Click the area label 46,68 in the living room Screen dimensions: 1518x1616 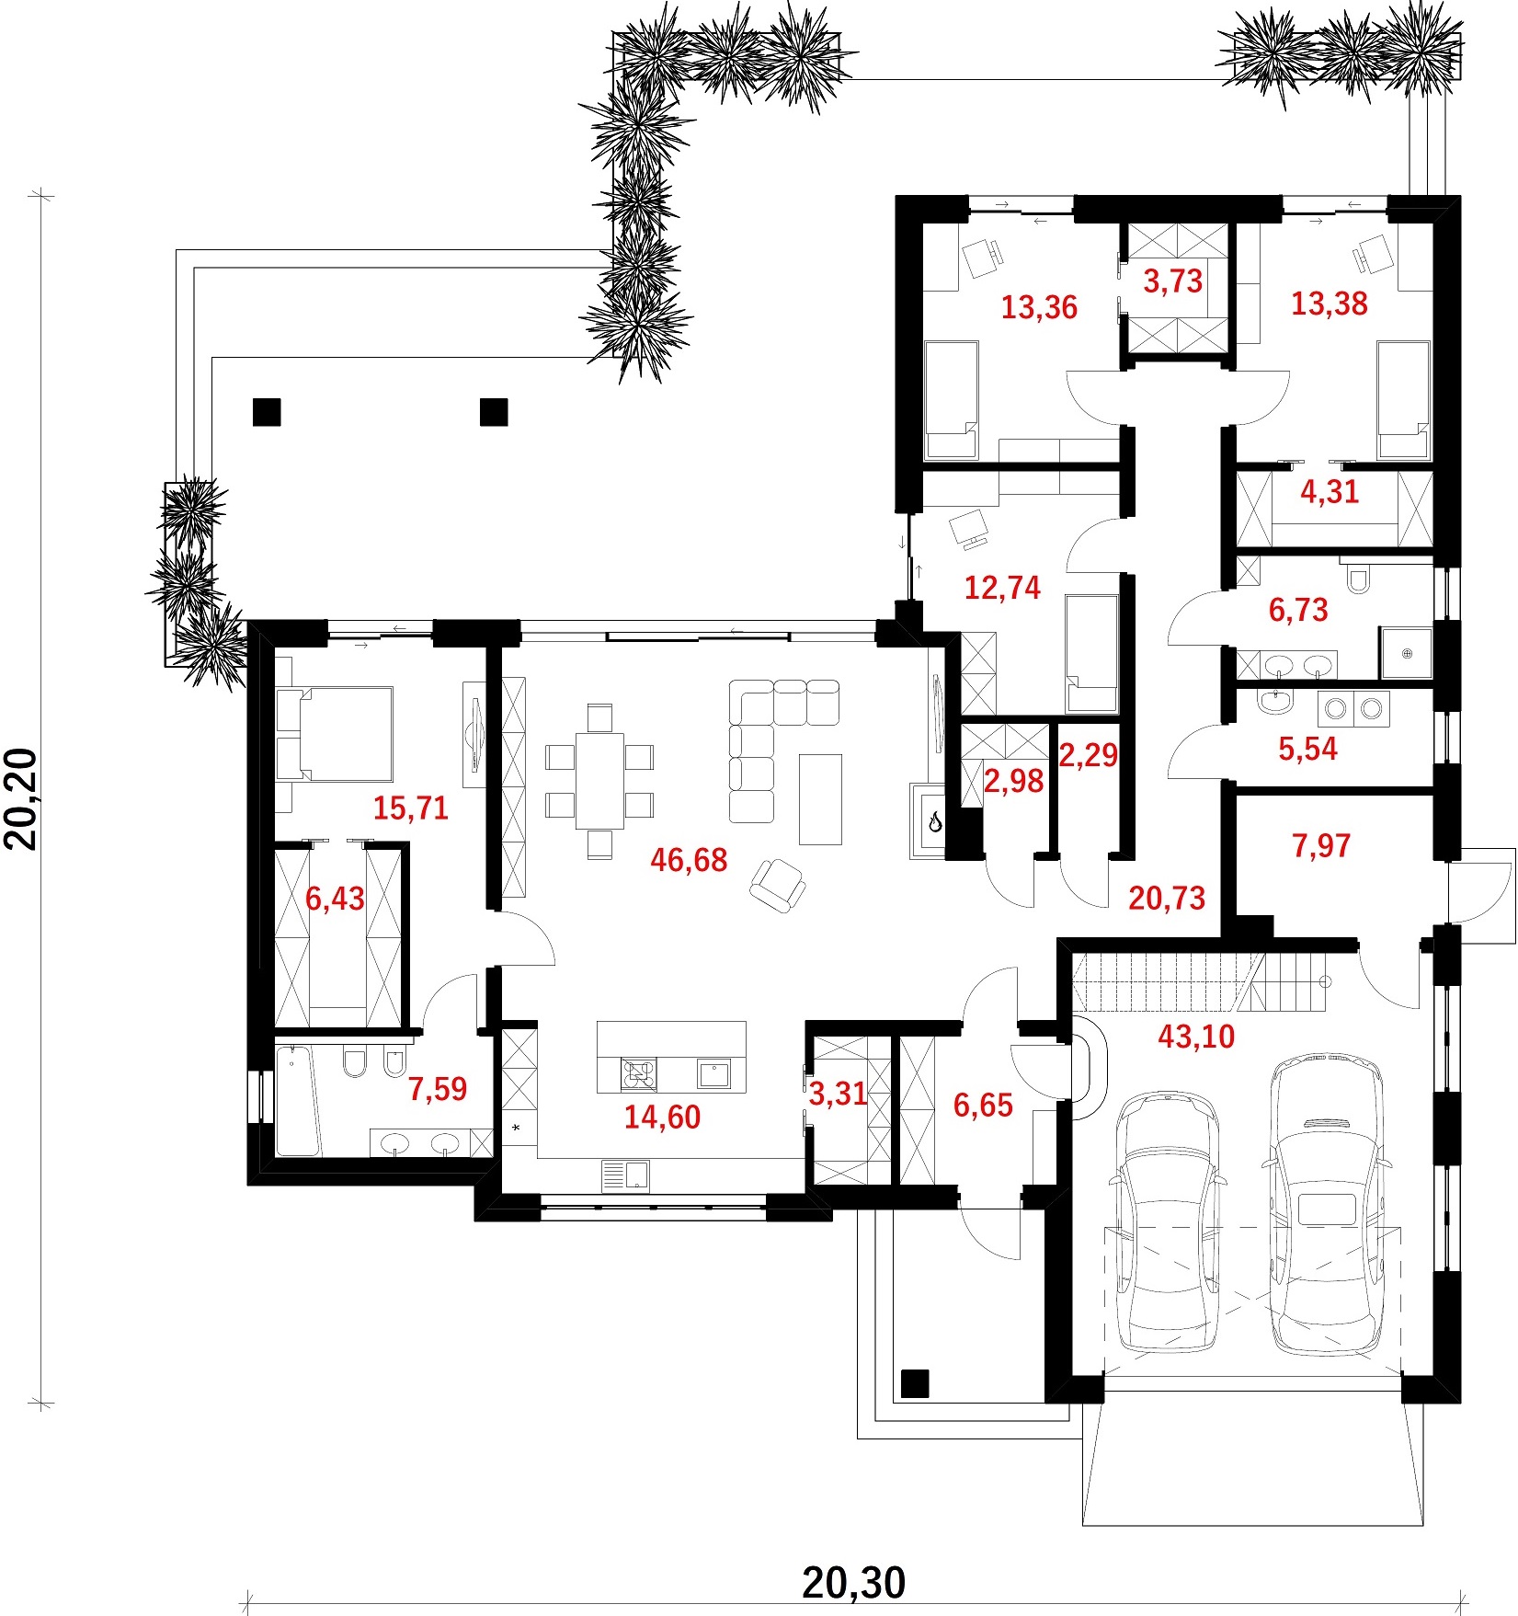(x=689, y=860)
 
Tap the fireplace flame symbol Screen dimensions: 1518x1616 (x=934, y=820)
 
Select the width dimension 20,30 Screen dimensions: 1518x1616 (x=854, y=1583)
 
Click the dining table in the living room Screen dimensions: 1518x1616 (x=599, y=781)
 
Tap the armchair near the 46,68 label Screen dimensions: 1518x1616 (x=778, y=884)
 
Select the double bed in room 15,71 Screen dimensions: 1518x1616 (x=335, y=734)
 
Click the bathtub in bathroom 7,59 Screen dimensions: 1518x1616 (x=298, y=1100)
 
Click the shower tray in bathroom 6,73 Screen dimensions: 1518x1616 (x=1406, y=653)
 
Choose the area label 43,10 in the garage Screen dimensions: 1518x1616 (x=1196, y=1037)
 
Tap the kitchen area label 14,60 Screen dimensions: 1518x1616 (x=662, y=1117)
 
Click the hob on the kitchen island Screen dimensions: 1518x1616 (x=640, y=1073)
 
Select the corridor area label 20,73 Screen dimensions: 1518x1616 (x=1167, y=898)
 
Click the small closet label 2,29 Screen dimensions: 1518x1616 (x=1089, y=755)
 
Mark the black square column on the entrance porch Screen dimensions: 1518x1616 (x=915, y=1383)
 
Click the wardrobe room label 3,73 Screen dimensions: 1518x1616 (x=1173, y=281)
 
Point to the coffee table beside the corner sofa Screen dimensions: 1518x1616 (x=820, y=798)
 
